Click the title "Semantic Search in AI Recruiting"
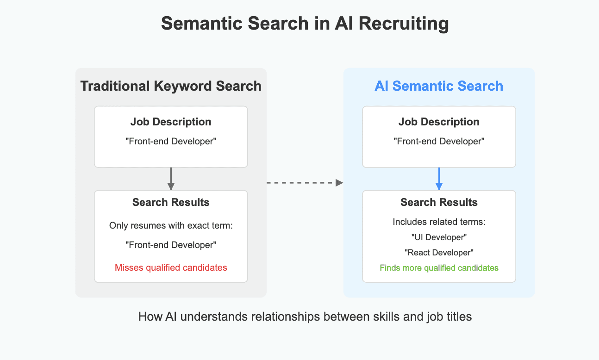305,24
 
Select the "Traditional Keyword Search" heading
171,86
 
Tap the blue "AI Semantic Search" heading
438,86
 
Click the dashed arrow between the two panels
305,183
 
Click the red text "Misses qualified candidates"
171,267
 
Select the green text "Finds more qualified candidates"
439,267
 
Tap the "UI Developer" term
439,237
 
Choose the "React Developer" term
439,252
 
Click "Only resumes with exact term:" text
171,226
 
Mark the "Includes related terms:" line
439,222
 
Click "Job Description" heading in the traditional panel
171,122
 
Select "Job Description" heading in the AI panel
439,122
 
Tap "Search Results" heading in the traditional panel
171,202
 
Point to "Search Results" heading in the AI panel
439,202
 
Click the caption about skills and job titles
305,317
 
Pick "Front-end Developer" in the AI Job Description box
439,142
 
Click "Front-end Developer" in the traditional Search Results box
171,245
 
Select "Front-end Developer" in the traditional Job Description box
171,142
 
